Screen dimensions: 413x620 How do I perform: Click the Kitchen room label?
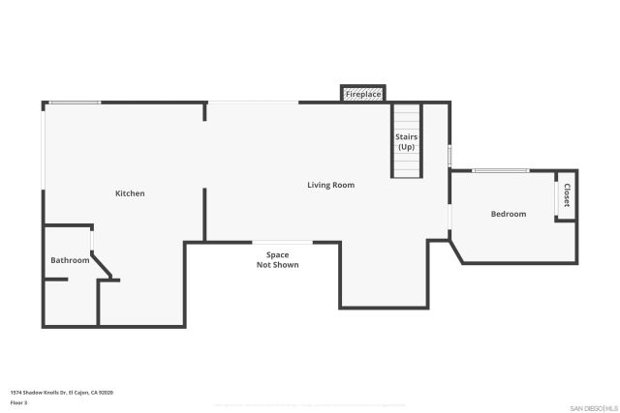[x=130, y=193]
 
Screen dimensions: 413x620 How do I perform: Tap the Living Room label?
[x=330, y=185]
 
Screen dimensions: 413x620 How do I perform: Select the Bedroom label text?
[x=508, y=214]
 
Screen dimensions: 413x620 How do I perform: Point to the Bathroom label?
[x=70, y=260]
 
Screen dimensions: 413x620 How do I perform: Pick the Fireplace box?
[x=363, y=94]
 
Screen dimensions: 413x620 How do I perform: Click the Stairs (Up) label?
[x=406, y=142]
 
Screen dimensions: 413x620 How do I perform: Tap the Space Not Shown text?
[x=277, y=259]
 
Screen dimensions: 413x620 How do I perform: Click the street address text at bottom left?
[x=62, y=392]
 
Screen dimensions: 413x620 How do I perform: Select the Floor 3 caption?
[x=18, y=401]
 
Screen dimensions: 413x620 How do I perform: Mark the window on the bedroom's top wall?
[x=500, y=171]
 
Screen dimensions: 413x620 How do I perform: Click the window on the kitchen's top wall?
[x=75, y=103]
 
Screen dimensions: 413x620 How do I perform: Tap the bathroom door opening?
[x=92, y=241]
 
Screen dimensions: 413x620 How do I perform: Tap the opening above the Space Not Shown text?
[x=282, y=242]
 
